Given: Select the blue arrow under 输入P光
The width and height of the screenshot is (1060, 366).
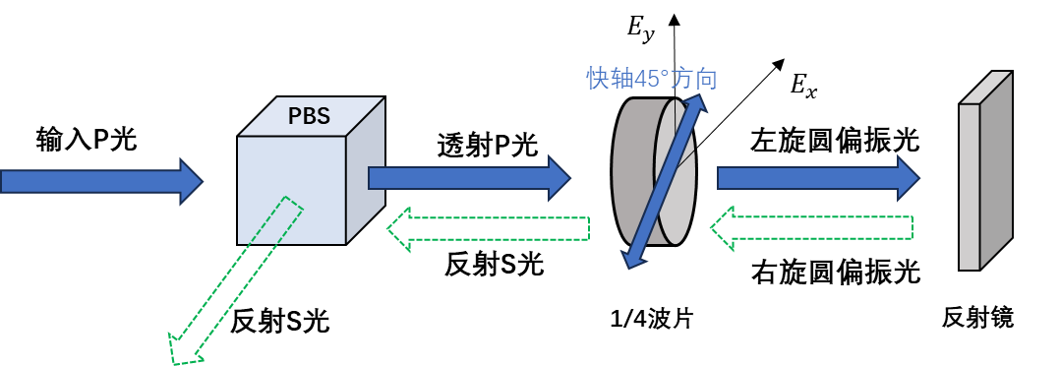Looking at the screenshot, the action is click(101, 181).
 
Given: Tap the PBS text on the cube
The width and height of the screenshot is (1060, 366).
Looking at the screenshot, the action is click(309, 116).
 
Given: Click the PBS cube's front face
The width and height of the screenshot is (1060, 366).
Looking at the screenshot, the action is click(291, 190).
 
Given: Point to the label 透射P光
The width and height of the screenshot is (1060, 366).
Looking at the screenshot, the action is click(488, 145).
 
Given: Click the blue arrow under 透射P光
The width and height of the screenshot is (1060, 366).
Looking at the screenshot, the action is click(470, 178).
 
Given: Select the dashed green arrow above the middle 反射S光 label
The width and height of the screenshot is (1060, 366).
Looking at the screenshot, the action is click(489, 228).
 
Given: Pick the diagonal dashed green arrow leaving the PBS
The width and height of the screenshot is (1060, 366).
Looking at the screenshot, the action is click(236, 280).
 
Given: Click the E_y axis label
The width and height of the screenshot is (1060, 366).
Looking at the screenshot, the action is click(639, 32).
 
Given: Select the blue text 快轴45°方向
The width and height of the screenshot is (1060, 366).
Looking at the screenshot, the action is click(652, 79).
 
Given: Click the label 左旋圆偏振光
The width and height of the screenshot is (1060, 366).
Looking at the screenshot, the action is click(836, 141).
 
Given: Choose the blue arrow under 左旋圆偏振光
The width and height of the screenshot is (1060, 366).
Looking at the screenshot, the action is click(819, 178).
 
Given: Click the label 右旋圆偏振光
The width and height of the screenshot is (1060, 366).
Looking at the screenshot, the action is click(836, 272).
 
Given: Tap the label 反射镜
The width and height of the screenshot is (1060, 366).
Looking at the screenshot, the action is click(978, 318).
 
